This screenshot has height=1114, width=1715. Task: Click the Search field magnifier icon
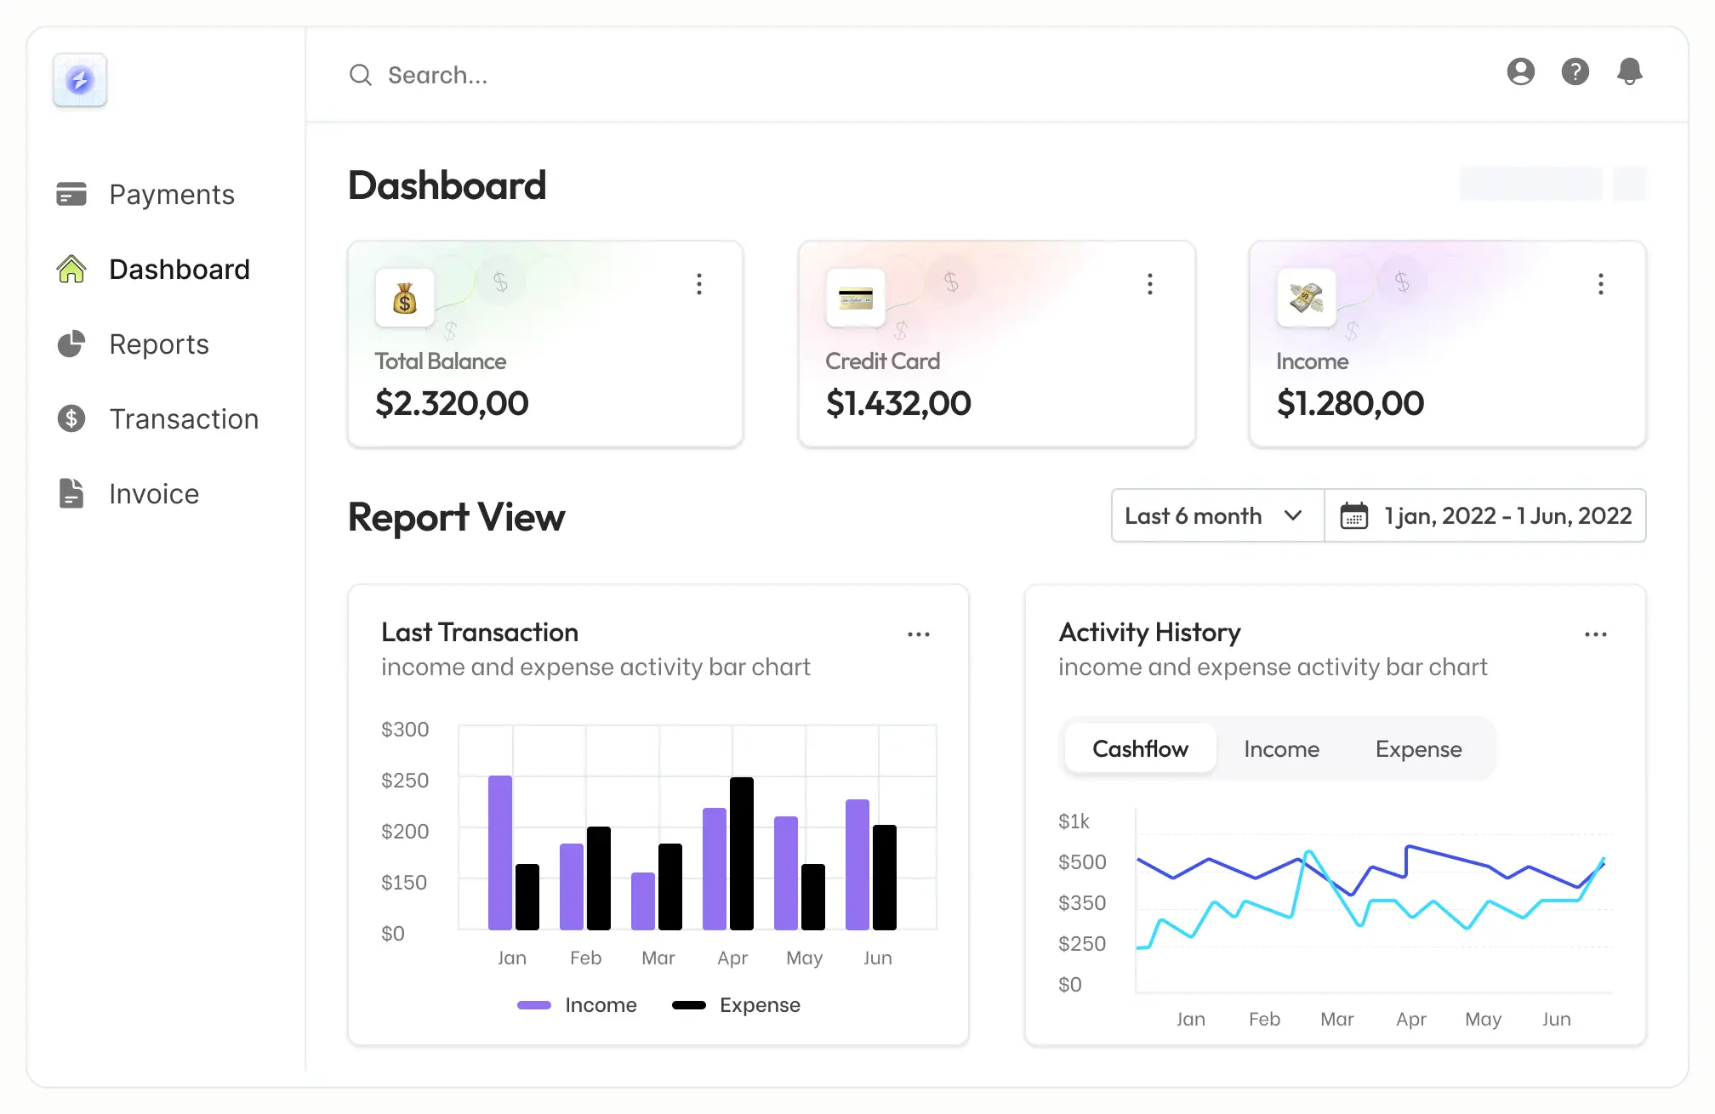361,75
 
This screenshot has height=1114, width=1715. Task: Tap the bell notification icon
1629,71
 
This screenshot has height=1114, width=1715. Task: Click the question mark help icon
1575,71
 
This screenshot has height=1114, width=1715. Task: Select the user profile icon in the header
1520,71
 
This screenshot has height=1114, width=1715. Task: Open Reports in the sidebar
158,344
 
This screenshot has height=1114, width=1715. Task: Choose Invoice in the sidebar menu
153,494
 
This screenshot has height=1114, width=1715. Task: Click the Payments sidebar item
171,195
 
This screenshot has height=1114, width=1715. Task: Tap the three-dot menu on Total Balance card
699,284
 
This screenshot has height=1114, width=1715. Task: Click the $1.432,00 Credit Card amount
898,403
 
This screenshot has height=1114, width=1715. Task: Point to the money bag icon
405,298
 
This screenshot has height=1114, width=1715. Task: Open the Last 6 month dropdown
1216,516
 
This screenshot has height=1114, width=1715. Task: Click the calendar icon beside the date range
1353,516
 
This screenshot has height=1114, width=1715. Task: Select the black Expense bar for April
742,853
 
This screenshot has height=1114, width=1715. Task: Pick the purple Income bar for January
500,852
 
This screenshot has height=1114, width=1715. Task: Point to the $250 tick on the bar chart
404,781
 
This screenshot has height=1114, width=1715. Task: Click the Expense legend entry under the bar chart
737,1005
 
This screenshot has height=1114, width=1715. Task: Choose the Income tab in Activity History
1281,749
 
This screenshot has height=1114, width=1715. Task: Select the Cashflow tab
1140,749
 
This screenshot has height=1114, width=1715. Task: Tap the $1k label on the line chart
1074,821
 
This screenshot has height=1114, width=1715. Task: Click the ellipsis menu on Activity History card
1595,634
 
